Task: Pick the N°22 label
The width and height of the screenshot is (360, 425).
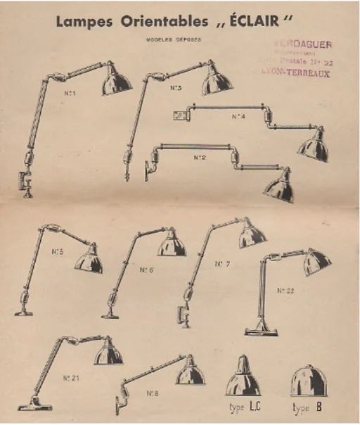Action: pyautogui.click(x=285, y=290)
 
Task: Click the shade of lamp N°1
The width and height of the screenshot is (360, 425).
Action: pyautogui.click(x=115, y=80)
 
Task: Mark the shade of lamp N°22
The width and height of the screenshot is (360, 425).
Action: pyautogui.click(x=317, y=262)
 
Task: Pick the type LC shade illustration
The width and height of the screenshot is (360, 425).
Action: pyautogui.click(x=243, y=380)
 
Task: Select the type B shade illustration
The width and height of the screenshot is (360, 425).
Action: pyautogui.click(x=309, y=380)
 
